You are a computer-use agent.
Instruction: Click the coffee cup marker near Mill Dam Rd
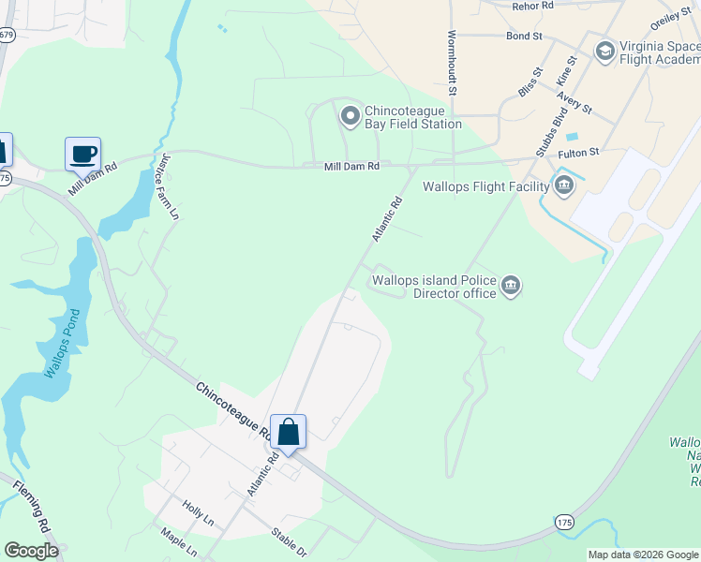(82, 153)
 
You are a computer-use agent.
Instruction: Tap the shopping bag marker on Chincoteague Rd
(288, 432)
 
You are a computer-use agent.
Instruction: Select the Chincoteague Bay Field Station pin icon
(350, 116)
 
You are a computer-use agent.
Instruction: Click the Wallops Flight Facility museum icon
(563, 184)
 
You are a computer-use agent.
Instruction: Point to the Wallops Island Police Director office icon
(510, 286)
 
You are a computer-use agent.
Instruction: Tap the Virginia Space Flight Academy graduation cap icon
(604, 50)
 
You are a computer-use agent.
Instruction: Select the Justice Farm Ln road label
(170, 185)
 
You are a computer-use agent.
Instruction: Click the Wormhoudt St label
(452, 63)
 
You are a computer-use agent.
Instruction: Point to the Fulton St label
(578, 152)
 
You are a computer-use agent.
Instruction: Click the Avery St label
(574, 102)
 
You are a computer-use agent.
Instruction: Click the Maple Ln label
(178, 540)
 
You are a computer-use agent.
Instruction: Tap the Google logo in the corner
(31, 551)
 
